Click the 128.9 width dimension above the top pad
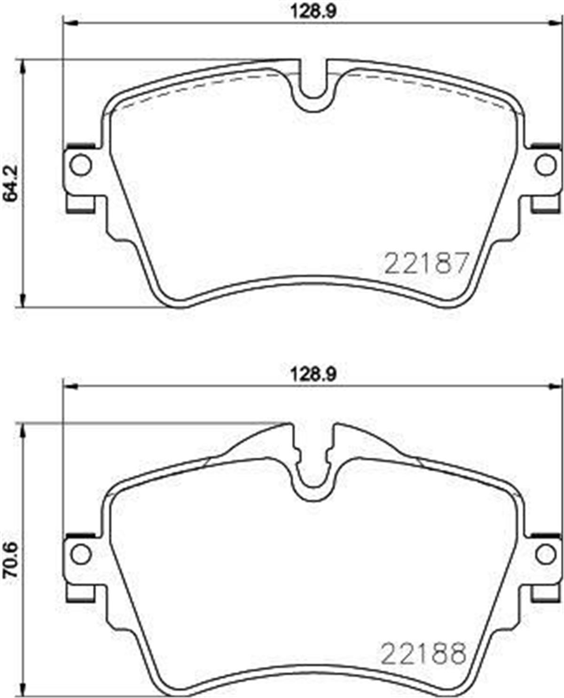(314, 12)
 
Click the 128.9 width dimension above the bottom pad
(314, 374)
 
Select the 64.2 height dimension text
(10, 183)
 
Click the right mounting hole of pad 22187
(546, 165)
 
